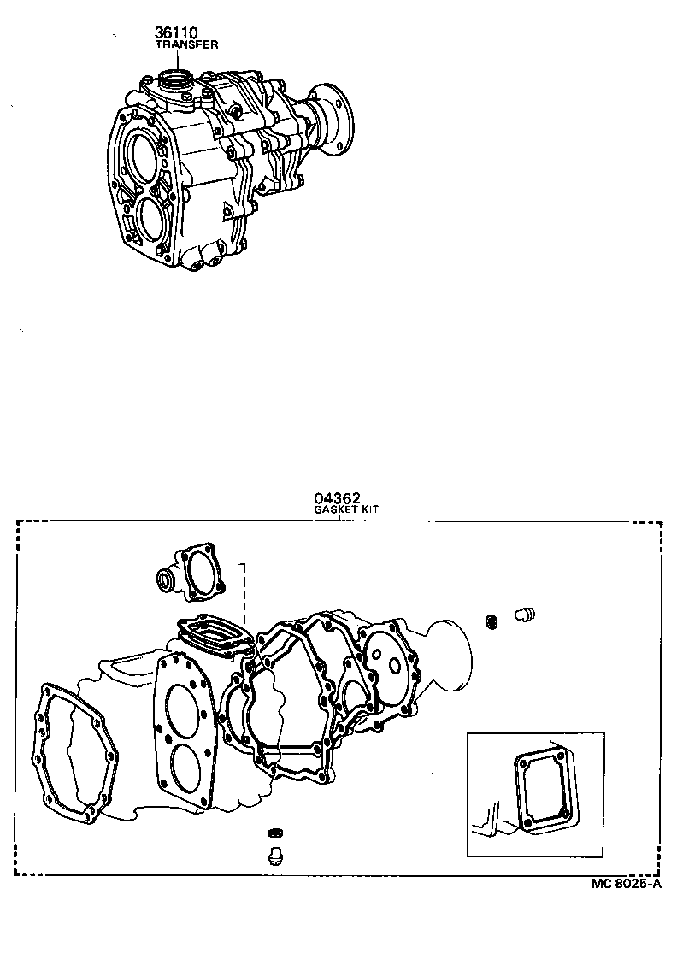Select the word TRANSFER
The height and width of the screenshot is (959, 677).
click(x=186, y=44)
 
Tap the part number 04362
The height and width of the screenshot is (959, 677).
click(x=337, y=497)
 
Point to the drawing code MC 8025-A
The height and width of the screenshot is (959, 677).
click(x=627, y=885)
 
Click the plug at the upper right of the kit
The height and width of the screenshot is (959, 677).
click(x=523, y=614)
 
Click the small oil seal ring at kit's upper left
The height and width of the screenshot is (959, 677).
click(x=163, y=583)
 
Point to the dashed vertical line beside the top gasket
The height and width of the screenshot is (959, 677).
click(x=244, y=594)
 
